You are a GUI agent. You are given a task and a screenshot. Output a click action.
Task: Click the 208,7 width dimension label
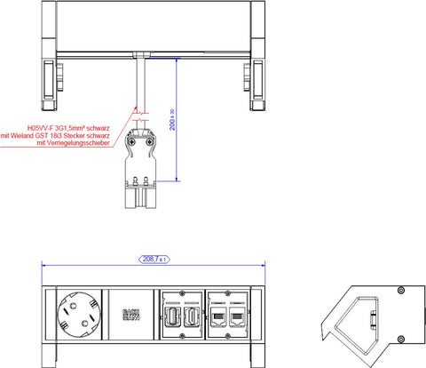coord(155,259)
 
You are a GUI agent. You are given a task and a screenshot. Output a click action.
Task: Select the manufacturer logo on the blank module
coord(130,314)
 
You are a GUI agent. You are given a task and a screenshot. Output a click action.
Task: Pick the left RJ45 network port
coord(218,316)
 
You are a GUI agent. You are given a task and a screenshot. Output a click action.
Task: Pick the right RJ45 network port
coord(237,316)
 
